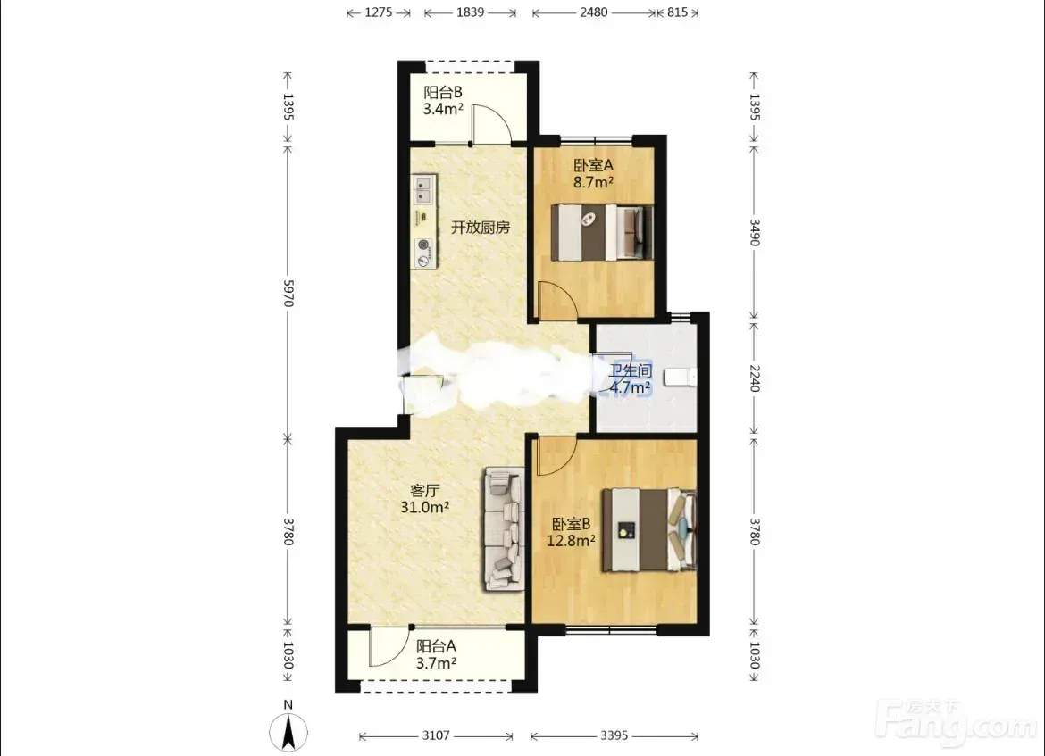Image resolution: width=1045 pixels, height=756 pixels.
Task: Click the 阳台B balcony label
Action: [443, 101]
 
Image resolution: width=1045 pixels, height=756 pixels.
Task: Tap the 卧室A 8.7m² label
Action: [593, 173]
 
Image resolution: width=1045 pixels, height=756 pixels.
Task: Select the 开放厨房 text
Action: [481, 227]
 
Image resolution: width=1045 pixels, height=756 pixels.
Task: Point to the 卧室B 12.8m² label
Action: [571, 532]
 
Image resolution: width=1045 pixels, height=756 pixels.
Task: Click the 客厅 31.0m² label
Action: [424, 499]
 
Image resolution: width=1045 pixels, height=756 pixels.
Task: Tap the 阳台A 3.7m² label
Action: [436, 654]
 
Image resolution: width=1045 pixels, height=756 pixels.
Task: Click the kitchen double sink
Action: [424, 188]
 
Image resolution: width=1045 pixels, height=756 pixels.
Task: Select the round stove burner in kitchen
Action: [423, 245]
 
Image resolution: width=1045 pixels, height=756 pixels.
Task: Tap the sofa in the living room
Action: [505, 529]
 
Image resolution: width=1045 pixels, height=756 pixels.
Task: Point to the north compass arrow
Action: [288, 732]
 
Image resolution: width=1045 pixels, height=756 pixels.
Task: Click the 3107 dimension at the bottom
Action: [436, 735]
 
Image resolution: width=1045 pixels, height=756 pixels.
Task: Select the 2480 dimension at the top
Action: [593, 12]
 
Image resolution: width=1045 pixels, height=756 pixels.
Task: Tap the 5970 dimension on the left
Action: [288, 293]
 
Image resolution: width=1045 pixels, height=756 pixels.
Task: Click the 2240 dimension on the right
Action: [755, 378]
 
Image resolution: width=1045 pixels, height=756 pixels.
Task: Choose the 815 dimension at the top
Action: [677, 12]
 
